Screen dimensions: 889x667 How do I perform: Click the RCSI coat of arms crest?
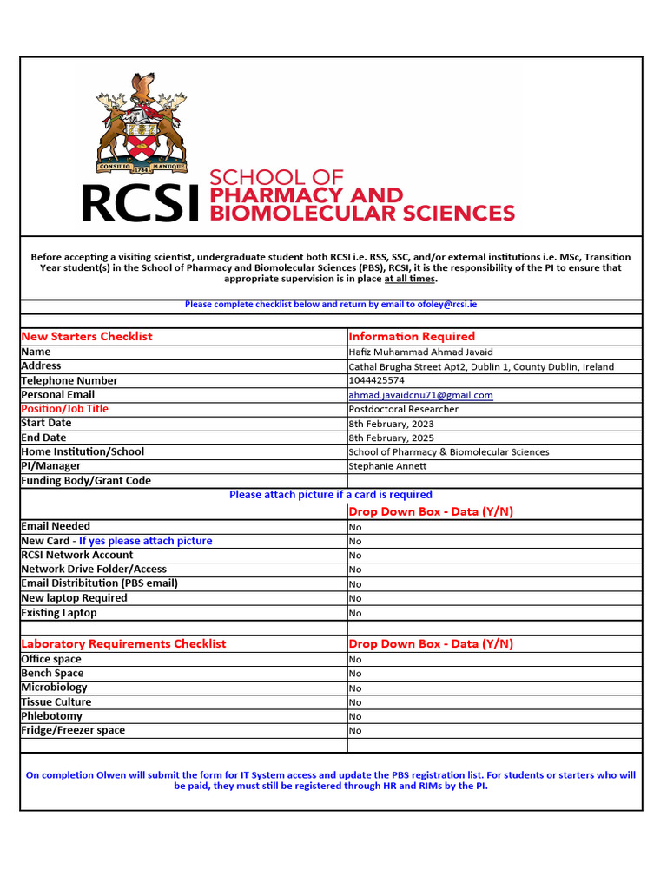142,122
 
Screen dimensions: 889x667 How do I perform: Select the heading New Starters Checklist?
86,336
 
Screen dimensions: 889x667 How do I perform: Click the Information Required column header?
412,336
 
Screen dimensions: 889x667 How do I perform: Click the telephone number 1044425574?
376,380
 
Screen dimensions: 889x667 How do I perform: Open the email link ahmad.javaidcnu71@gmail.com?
420,395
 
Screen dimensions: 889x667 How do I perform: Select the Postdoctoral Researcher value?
403,409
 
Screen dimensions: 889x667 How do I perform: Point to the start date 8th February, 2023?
391,424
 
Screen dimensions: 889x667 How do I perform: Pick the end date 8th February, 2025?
391,438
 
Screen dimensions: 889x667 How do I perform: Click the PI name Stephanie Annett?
387,466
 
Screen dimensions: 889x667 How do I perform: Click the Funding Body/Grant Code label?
86,480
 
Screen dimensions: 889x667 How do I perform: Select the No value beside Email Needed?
355,527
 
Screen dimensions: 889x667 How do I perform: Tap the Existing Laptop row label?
59,613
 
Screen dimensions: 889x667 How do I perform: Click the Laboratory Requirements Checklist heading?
123,643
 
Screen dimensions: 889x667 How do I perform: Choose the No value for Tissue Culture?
355,702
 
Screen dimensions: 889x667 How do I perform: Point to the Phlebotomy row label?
52,716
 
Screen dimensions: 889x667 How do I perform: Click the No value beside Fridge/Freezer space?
355,731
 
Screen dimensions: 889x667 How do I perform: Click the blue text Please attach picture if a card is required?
330,495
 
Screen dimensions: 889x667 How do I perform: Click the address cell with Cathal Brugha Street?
480,366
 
